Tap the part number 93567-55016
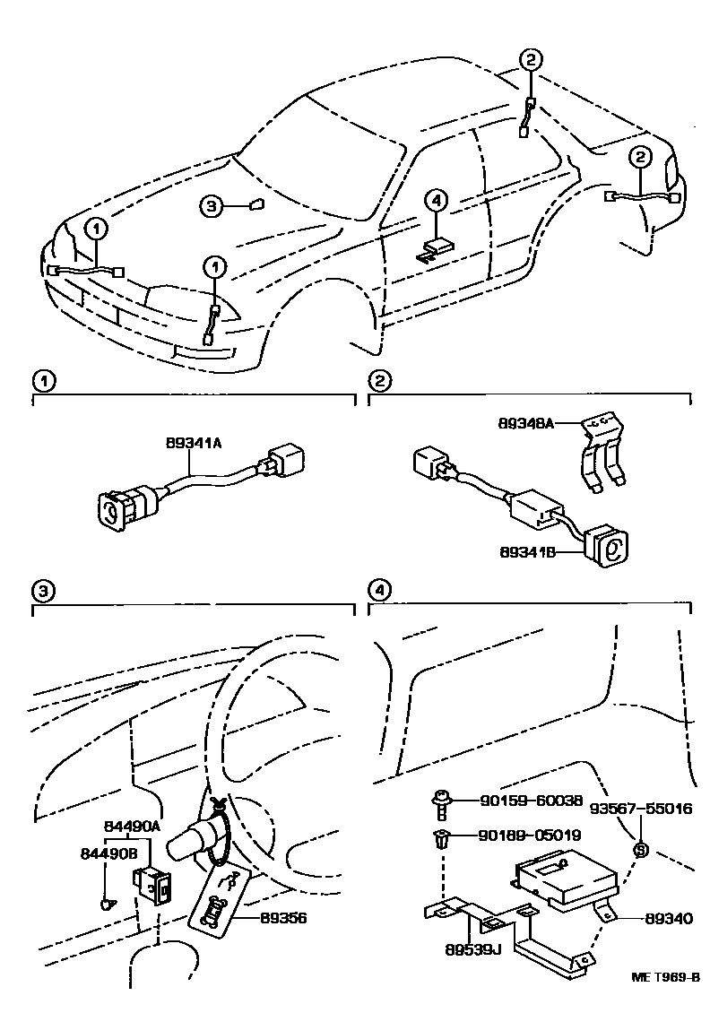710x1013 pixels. pyautogui.click(x=640, y=808)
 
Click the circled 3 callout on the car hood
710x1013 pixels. pyautogui.click(x=210, y=207)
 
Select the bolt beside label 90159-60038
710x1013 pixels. pyautogui.click(x=441, y=801)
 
